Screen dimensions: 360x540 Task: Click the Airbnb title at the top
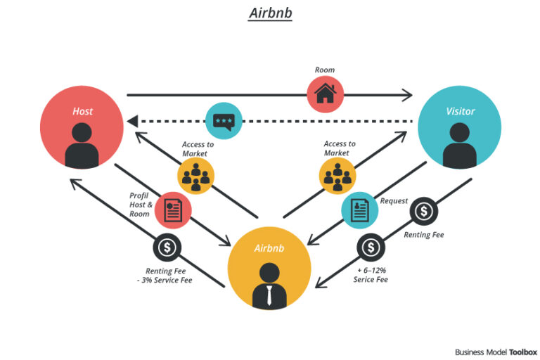tap(270, 13)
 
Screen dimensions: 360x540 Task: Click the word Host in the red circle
tap(82, 111)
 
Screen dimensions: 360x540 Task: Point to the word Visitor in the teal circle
tap(460, 111)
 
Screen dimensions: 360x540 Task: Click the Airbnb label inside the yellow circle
tap(269, 248)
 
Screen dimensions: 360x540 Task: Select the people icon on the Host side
tap(196, 176)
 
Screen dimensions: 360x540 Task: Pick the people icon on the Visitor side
tap(337, 176)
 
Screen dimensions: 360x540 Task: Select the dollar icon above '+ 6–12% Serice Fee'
tap(371, 247)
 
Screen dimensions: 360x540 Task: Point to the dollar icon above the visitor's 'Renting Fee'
tap(423, 211)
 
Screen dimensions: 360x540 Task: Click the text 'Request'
tap(394, 200)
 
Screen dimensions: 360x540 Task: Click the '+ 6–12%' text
tap(371, 270)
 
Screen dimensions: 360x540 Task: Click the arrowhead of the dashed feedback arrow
tap(131, 121)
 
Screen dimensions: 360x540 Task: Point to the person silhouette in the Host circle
tap(82, 144)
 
